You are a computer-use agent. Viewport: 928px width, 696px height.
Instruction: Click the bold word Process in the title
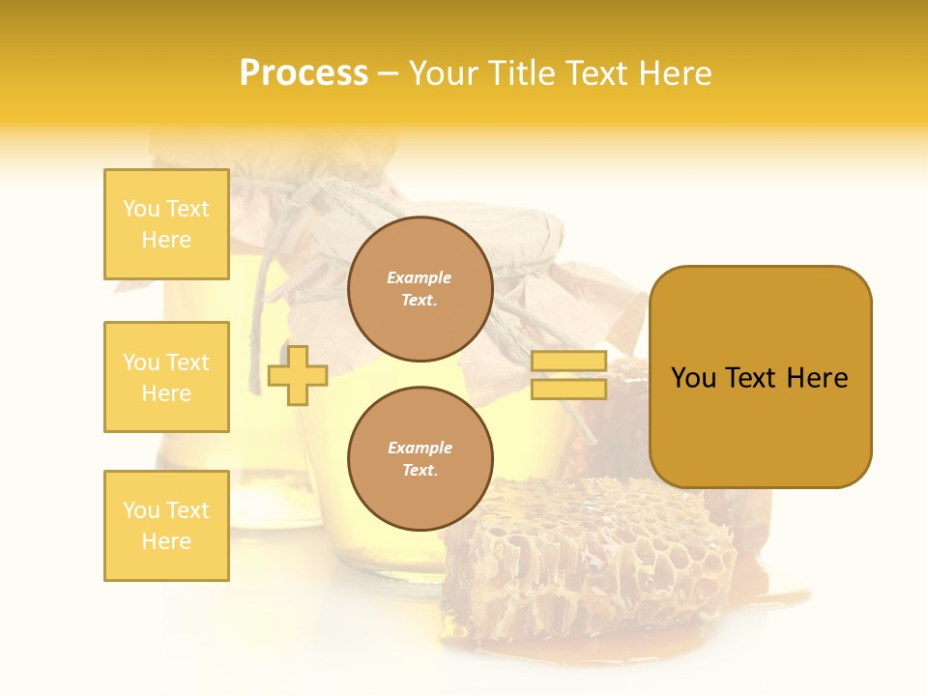pos(304,73)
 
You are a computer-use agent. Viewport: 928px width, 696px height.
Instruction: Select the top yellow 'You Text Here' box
pos(166,224)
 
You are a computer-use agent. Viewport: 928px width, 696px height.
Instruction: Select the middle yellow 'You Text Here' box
pos(166,377)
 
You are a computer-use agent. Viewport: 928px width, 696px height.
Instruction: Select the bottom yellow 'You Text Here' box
pos(166,526)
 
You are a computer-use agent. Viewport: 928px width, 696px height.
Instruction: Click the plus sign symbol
pos(297,376)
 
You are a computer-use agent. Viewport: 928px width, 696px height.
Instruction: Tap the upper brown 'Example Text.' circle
pos(420,288)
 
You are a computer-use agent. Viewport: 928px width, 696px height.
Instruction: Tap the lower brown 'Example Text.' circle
pos(420,458)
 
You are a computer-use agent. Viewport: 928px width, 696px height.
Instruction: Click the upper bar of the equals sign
pos(568,362)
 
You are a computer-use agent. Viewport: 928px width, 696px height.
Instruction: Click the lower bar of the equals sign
pos(568,390)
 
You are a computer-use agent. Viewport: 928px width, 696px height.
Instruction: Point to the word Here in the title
pos(676,73)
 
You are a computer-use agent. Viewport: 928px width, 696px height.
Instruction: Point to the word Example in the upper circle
pos(420,277)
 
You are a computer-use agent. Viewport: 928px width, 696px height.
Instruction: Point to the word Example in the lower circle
pos(420,448)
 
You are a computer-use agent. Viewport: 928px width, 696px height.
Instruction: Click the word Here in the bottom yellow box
pos(166,541)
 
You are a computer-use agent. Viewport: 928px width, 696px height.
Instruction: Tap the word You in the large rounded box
pos(693,378)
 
